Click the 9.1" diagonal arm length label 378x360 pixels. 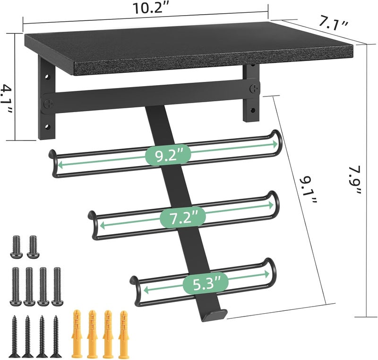(x=306, y=189)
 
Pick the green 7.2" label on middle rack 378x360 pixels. (x=182, y=218)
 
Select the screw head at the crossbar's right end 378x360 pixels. (x=255, y=88)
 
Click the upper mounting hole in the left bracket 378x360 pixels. (x=48, y=75)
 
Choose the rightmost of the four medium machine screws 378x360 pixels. (x=58, y=286)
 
